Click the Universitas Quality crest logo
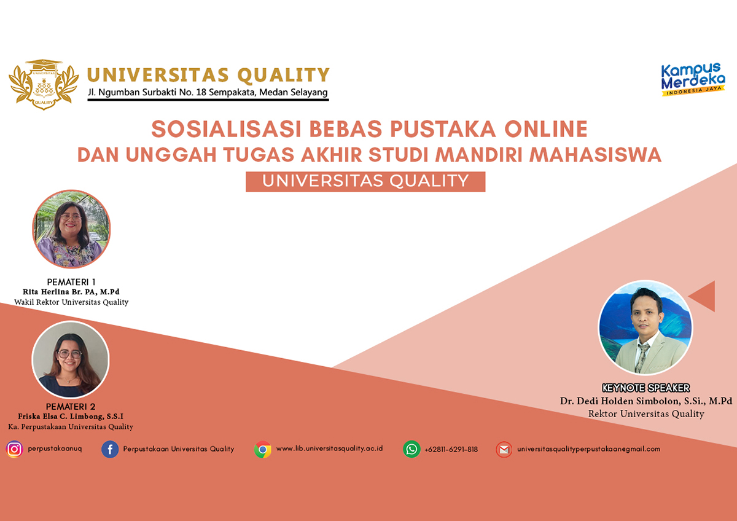[44, 85]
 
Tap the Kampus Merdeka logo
[693, 79]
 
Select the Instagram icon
[15, 449]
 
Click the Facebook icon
[110, 449]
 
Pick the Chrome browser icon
[263, 449]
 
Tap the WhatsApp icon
[411, 449]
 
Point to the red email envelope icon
[504, 450]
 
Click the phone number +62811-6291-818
[451, 450]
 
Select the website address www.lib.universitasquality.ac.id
[329, 449]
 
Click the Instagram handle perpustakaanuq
[55, 449]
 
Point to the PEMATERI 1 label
[71, 282]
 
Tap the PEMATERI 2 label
[71, 407]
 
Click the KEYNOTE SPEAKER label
[646, 388]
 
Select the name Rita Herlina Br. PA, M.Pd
[71, 292]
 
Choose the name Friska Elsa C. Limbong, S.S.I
[71, 417]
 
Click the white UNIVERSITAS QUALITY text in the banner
[365, 181]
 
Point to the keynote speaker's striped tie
[642, 358]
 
